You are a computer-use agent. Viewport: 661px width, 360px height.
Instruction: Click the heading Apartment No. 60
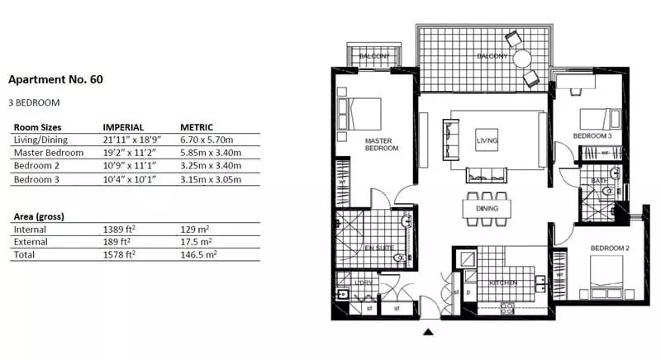55,80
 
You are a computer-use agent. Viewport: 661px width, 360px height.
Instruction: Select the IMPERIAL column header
124,127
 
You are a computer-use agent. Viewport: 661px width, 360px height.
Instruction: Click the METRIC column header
197,127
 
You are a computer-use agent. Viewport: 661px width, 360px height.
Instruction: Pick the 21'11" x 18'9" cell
132,140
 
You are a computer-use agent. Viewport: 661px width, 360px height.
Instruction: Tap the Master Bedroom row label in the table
49,153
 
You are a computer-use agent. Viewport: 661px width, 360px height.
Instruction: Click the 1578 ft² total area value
119,256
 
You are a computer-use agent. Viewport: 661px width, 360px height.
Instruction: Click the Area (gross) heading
39,216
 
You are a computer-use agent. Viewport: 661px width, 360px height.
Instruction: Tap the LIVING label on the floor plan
487,142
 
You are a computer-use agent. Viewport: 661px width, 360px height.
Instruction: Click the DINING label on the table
487,210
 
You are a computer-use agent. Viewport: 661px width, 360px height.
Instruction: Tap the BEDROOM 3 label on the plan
592,135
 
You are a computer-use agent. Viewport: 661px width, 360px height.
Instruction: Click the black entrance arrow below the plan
428,334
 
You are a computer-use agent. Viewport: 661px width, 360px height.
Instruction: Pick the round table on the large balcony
522,59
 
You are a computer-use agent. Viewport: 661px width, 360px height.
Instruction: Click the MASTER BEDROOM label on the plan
382,144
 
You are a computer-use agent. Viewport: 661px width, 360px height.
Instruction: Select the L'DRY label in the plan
364,283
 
